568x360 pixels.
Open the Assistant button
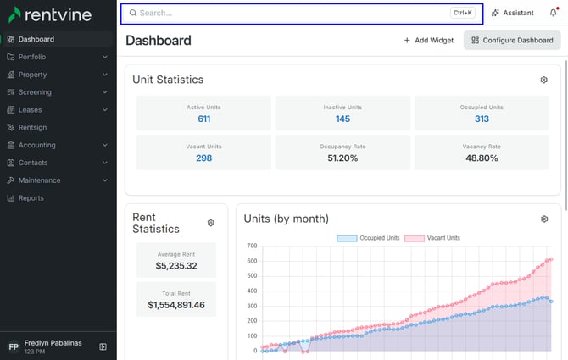513,13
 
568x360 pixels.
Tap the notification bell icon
553,13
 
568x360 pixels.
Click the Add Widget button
428,40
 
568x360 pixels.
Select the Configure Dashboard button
512,40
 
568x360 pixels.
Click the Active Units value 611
204,119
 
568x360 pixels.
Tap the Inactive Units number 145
342,119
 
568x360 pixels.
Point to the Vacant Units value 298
204,158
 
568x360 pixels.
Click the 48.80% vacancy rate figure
482,158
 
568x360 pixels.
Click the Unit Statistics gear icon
543,80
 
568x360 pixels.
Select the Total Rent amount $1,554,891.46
176,305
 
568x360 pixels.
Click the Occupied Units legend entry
368,238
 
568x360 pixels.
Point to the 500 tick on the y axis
252,275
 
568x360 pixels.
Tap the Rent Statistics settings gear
211,223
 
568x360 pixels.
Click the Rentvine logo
50,15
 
